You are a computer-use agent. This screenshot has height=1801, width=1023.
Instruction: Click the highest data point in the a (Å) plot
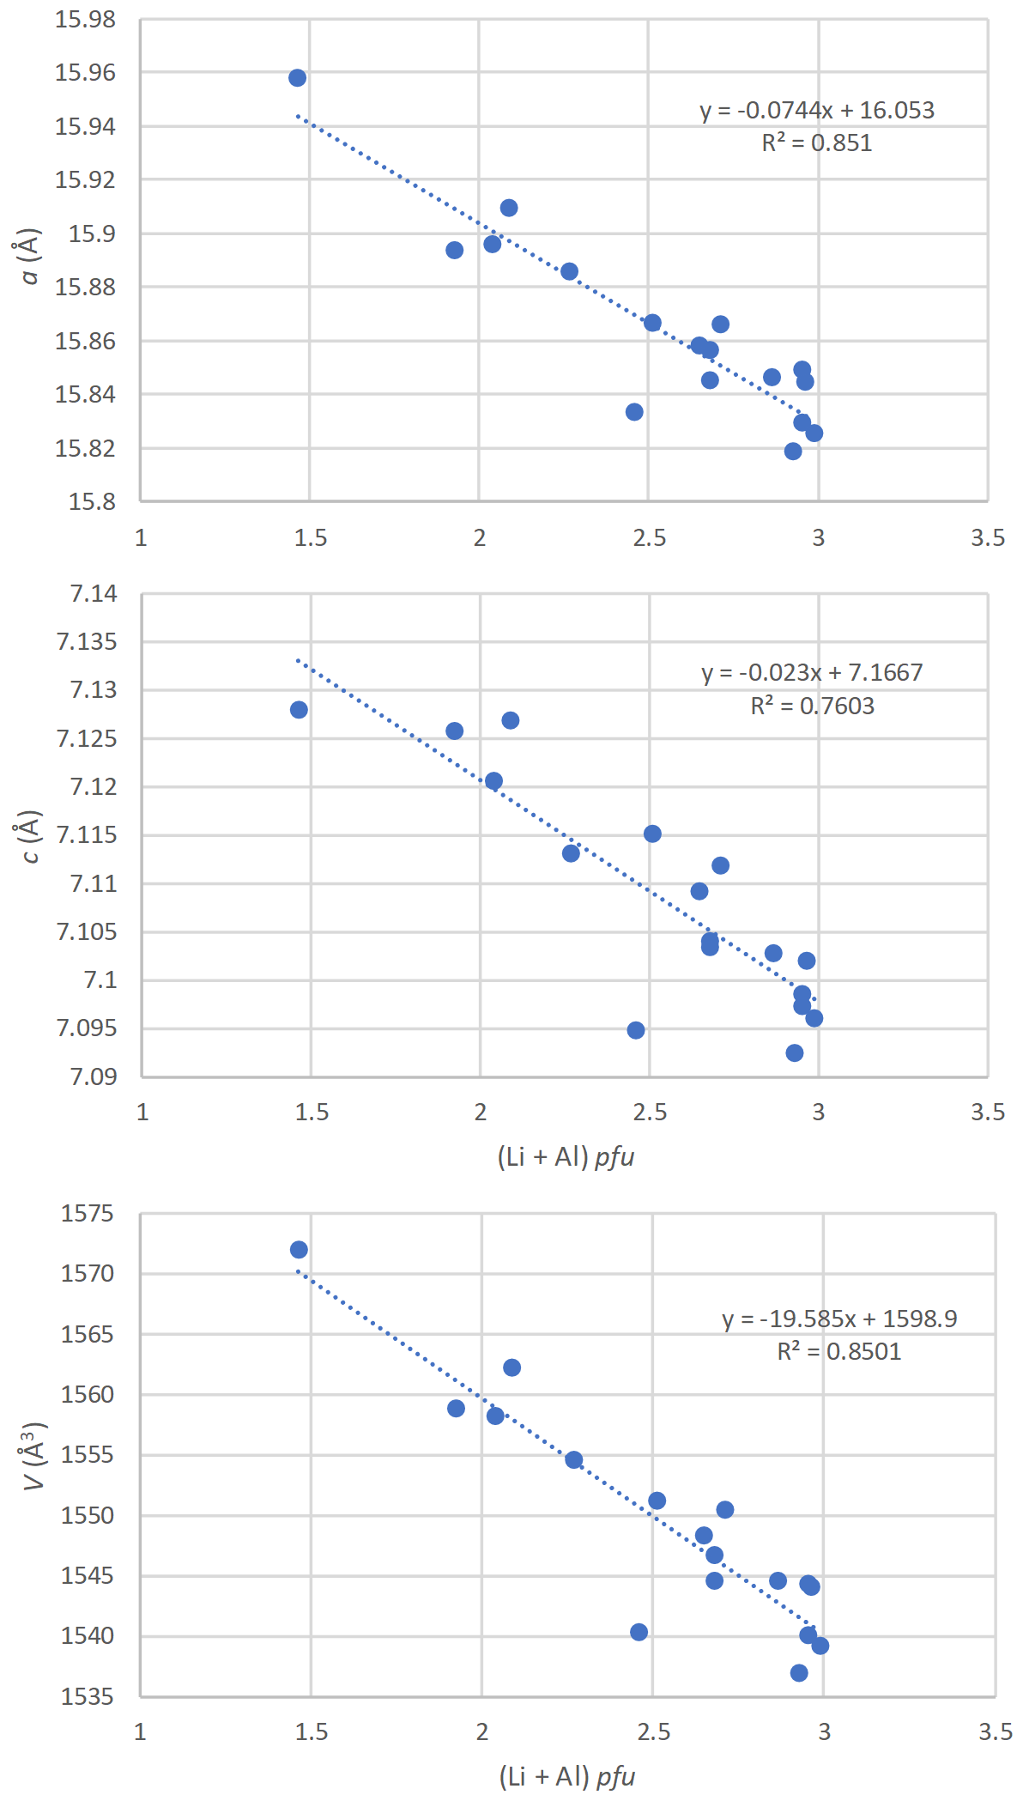click(x=297, y=78)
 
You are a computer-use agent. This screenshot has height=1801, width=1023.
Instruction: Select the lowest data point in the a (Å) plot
click(x=793, y=452)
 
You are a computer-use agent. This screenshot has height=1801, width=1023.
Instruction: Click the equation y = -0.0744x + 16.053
click(x=817, y=111)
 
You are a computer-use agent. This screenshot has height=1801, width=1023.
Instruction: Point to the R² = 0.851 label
click(x=817, y=143)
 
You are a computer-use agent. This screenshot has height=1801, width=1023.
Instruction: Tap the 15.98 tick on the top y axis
click(x=85, y=20)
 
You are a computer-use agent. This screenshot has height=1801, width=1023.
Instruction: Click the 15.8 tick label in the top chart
click(x=92, y=501)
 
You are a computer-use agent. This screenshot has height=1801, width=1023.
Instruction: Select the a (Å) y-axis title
click(x=30, y=256)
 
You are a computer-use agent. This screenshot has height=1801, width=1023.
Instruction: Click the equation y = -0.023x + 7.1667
click(x=812, y=673)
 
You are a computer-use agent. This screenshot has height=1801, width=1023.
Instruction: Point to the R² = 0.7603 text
click(x=812, y=706)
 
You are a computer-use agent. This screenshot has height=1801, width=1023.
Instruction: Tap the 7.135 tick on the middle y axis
click(x=86, y=642)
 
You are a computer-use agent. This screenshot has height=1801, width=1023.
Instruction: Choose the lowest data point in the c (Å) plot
click(x=795, y=1053)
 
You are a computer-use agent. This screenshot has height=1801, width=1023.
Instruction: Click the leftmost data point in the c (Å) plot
click(x=299, y=710)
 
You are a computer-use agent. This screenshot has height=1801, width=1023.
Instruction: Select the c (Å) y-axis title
click(x=30, y=836)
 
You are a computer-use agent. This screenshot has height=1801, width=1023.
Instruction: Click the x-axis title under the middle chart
click(x=566, y=1157)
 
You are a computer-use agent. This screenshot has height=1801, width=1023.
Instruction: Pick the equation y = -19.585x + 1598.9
click(x=839, y=1319)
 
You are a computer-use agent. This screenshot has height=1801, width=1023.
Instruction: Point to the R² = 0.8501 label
click(x=839, y=1352)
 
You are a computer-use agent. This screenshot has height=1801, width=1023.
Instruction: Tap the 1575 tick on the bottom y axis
click(x=87, y=1214)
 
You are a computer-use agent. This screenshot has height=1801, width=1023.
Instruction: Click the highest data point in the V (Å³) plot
click(x=299, y=1250)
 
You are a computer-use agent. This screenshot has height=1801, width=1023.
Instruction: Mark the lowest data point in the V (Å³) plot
click(x=799, y=1673)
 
